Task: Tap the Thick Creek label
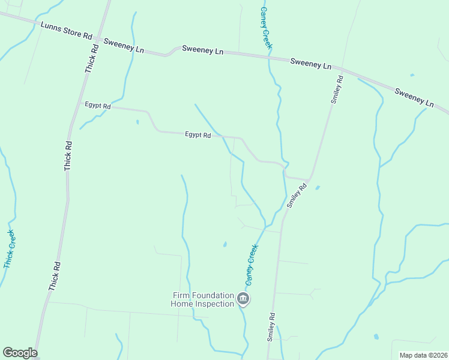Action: (9, 249)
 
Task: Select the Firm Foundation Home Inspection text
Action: (203, 299)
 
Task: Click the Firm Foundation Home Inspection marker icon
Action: (243, 299)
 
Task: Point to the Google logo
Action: (20, 353)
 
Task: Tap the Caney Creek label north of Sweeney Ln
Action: (265, 27)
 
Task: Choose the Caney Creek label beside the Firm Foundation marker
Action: (252, 264)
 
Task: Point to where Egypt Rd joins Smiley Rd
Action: (309, 178)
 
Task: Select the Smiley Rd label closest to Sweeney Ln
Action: (337, 89)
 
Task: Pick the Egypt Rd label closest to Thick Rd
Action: (98, 106)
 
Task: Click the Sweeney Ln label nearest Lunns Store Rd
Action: (124, 46)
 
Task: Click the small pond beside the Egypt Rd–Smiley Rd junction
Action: (318, 187)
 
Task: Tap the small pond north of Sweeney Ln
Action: (412, 75)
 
